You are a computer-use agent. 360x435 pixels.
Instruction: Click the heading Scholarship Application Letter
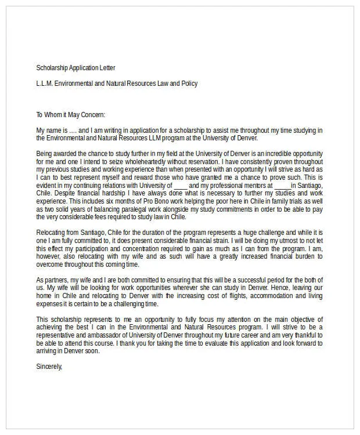[79, 68]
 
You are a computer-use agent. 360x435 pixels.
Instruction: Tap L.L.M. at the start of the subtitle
[44, 84]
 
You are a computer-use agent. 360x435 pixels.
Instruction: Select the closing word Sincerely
[48, 367]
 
